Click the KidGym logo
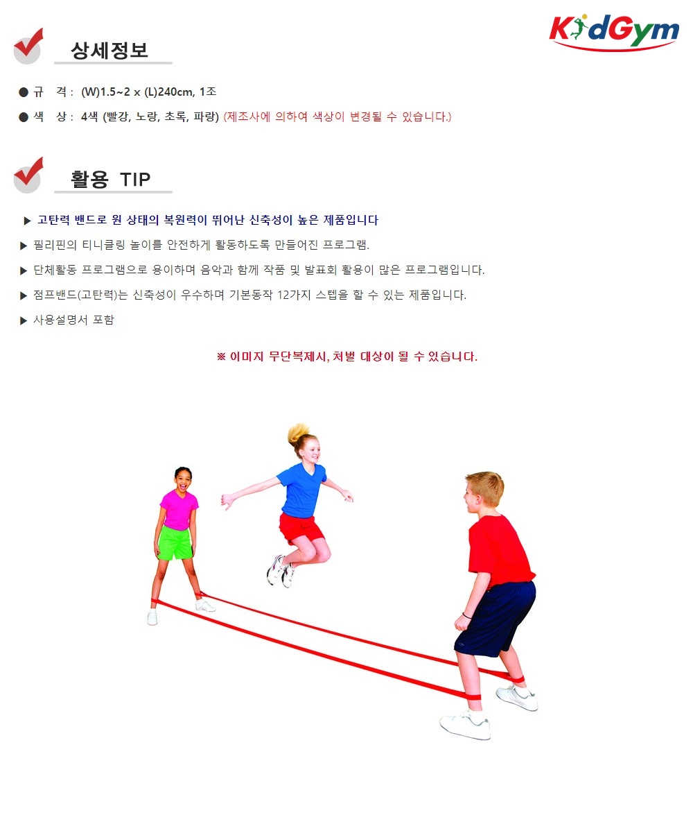614,32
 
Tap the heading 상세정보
109,51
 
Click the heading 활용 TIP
111,179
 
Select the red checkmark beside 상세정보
28,46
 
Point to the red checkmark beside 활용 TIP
28,175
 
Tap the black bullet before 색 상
24,117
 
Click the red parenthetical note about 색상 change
337,117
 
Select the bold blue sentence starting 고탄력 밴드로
208,220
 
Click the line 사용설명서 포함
73,320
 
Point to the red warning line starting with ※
347,357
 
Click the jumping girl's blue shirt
301,490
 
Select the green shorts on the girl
175,543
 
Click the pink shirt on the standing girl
179,509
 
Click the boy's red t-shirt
499,551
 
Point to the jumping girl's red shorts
301,529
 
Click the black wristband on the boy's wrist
466,615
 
